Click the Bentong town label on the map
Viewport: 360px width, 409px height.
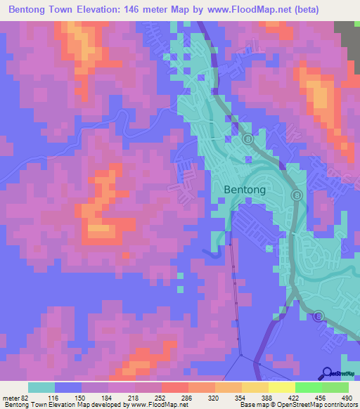click(x=245, y=190)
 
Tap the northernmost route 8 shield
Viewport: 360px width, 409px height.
click(x=248, y=140)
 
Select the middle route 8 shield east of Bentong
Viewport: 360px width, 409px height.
click(x=297, y=195)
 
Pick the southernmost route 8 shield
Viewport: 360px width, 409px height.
click(x=318, y=317)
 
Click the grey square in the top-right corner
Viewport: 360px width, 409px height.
click(x=347, y=34)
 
